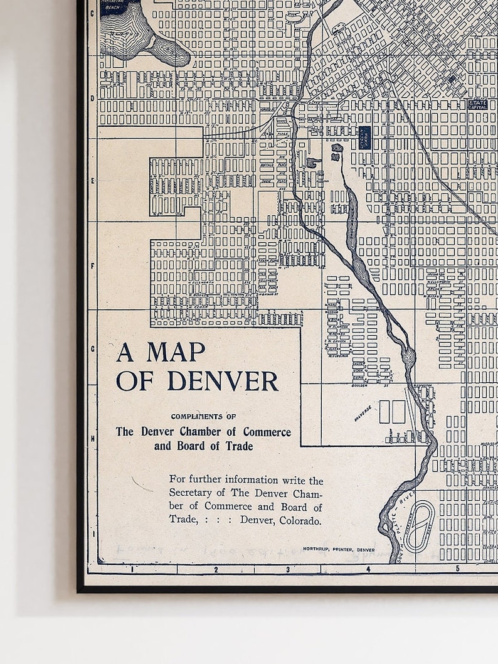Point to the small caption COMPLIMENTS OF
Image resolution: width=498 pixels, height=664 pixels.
pyautogui.click(x=203, y=416)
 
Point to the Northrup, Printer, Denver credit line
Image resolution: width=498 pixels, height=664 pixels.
pyautogui.click(x=339, y=549)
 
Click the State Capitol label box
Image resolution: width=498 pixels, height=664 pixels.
pyautogui.click(x=478, y=105)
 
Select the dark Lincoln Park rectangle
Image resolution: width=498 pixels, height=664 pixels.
pyautogui.click(x=364, y=137)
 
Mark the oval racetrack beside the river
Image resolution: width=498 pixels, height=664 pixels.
pyautogui.click(x=419, y=526)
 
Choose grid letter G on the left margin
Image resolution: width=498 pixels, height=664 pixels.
pyautogui.click(x=92, y=349)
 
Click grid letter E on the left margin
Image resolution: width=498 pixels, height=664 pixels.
pyautogui.click(x=92, y=180)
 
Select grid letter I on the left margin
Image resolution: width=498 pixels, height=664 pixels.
pyautogui.click(x=92, y=533)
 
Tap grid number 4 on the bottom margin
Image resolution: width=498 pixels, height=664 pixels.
pyautogui.click(x=368, y=570)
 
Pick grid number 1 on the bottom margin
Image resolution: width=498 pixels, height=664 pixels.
pyautogui.click(x=132, y=570)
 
